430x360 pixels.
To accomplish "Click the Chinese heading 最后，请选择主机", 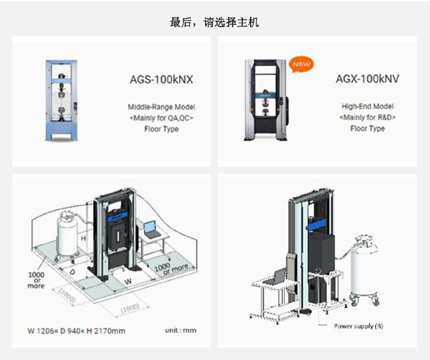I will click(x=214, y=23).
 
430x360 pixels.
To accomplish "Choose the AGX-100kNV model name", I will click(x=366, y=78).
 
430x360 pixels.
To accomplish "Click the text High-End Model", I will click(x=367, y=107).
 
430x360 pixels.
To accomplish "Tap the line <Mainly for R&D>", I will click(x=367, y=118).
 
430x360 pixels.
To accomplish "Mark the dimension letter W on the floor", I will click(x=128, y=280).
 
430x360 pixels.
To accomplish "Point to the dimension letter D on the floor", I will click(x=71, y=271).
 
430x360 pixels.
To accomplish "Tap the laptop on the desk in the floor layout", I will click(x=152, y=229).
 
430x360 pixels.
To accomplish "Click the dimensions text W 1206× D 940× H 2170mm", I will click(x=76, y=331).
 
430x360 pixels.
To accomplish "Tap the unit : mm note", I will click(x=180, y=331).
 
